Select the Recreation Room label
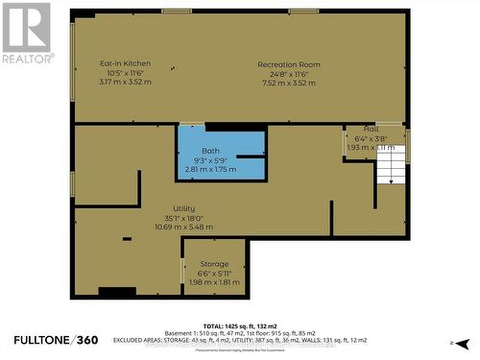pyautogui.click(x=288, y=64)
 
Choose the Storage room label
pyautogui.click(x=213, y=264)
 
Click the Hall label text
pyautogui.click(x=371, y=129)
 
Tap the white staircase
pyautogui.click(x=389, y=172)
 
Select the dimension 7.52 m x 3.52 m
pyautogui.click(x=288, y=83)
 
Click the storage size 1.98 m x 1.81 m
pyautogui.click(x=213, y=282)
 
